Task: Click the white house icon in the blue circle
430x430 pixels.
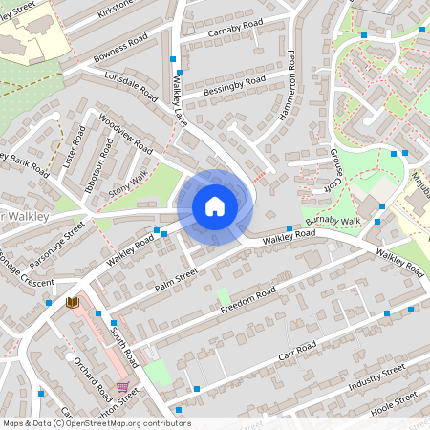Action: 214,205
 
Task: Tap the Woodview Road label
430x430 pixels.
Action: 125,137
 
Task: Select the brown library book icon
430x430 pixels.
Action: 71,302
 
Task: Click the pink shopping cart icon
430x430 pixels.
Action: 122,387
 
